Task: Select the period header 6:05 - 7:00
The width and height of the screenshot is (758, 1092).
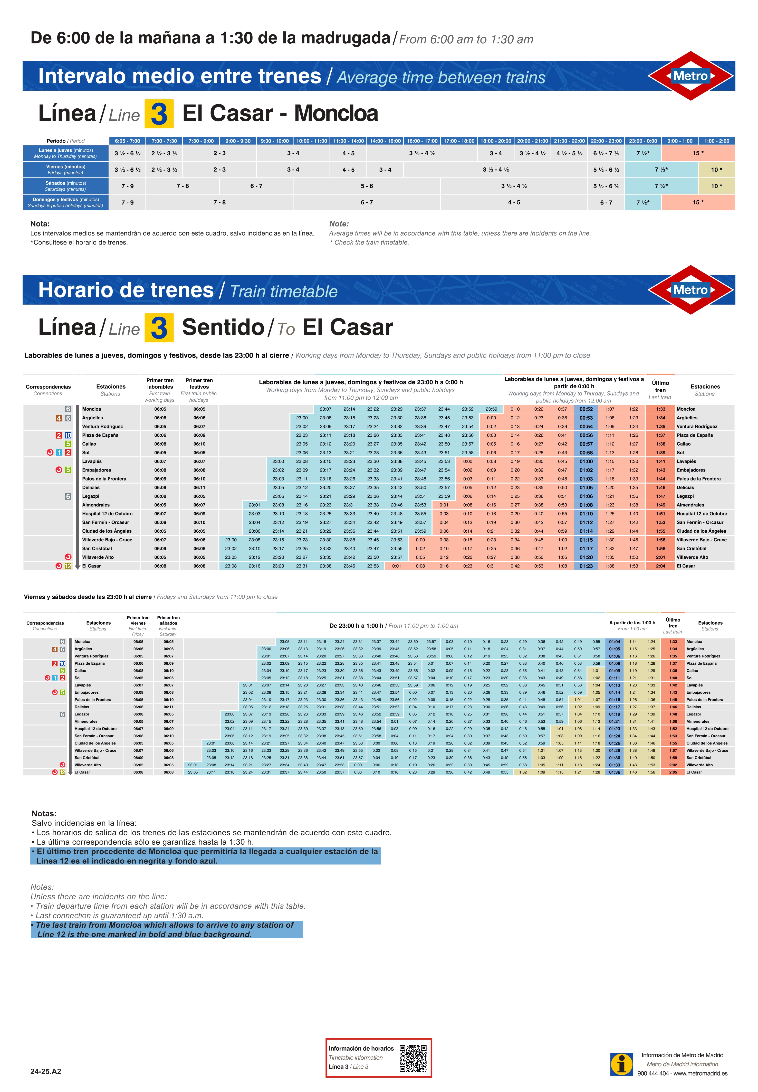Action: [127, 141]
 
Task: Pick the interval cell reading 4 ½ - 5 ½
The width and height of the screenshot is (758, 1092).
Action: [569, 153]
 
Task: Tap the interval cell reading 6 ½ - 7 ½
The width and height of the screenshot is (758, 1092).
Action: [606, 153]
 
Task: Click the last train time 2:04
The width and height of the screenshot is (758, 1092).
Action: [660, 566]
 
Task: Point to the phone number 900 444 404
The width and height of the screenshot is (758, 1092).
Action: [653, 1073]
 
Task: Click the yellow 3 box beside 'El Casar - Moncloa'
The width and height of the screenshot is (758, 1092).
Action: [159, 114]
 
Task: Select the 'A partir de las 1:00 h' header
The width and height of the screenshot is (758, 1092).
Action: [632, 623]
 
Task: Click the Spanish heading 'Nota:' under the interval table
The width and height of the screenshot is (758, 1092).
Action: [40, 224]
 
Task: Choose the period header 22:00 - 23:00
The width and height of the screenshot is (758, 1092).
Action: [606, 141]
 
